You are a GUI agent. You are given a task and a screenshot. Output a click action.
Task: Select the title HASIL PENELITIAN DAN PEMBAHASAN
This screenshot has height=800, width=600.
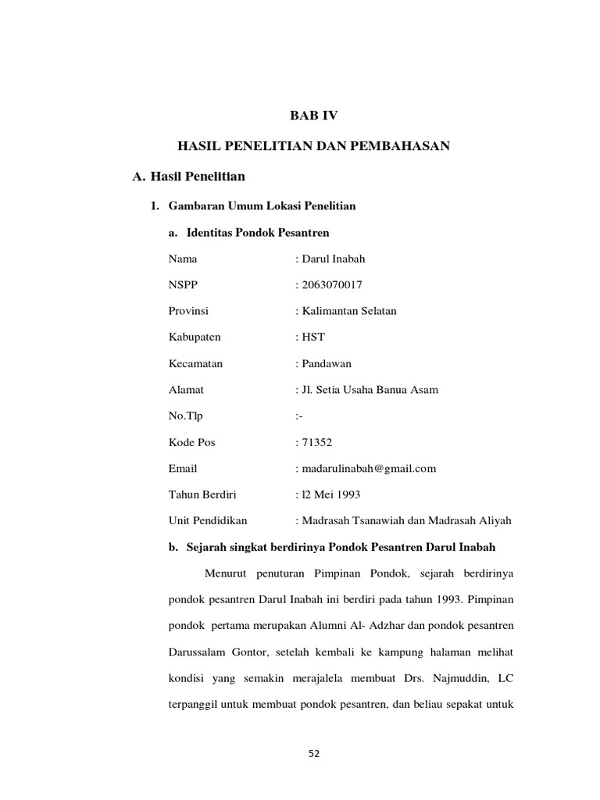[x=313, y=146]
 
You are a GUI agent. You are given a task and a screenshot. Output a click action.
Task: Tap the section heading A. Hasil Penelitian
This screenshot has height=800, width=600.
[x=189, y=178]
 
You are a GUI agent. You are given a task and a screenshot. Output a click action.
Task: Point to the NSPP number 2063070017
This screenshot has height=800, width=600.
[x=331, y=284]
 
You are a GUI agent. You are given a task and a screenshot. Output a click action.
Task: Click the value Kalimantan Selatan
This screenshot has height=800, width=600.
[x=348, y=311]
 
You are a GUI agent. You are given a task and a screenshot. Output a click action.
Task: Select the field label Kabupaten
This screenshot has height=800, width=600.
[x=195, y=337]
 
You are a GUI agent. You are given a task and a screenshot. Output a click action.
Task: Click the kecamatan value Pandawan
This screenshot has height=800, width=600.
[x=327, y=363]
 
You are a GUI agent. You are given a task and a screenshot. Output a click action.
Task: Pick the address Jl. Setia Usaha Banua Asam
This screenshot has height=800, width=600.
[x=369, y=390]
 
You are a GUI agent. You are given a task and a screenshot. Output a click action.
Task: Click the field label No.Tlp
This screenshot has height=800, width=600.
[x=185, y=416]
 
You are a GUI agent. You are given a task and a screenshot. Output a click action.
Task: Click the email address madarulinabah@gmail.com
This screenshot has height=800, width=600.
[x=368, y=469]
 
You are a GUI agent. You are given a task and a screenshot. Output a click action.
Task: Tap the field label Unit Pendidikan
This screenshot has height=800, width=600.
[x=209, y=521]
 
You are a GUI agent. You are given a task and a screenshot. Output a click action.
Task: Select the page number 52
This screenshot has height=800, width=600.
[x=314, y=754]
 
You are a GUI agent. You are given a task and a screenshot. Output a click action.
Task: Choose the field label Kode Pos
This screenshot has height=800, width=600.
[x=191, y=442]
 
